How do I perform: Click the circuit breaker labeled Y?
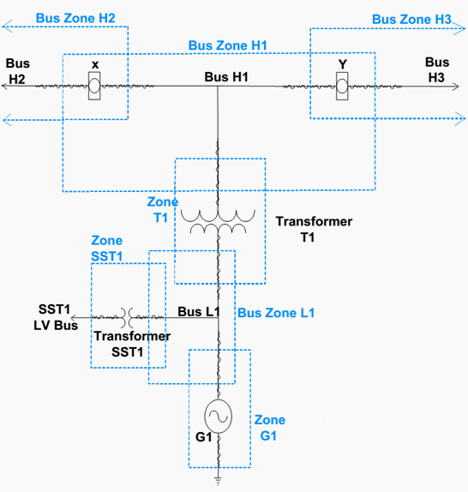click(342, 85)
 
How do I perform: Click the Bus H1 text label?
click(226, 76)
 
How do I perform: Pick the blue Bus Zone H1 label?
click(228, 45)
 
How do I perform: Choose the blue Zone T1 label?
click(163, 208)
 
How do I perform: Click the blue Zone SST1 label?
click(107, 249)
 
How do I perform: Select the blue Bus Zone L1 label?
click(275, 313)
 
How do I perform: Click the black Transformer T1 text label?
click(314, 229)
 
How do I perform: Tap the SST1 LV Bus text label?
click(53, 315)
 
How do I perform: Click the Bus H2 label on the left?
click(17, 71)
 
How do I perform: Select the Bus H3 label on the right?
click(436, 69)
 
